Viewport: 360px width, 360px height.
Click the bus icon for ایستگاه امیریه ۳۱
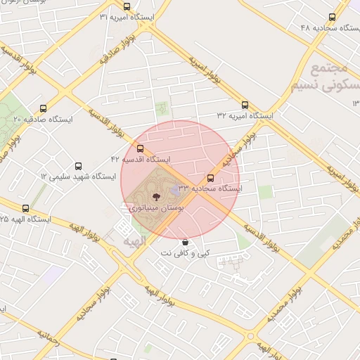(x=127, y=7)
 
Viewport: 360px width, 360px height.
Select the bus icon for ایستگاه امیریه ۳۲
(x=245, y=104)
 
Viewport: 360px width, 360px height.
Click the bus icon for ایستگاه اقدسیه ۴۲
(x=140, y=149)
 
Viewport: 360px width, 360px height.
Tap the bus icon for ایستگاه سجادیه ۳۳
(x=210, y=178)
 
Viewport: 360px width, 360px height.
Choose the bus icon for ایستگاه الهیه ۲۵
(x=26, y=208)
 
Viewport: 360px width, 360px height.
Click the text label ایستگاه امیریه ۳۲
(x=245, y=115)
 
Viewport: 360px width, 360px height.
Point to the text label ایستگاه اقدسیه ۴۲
(x=139, y=160)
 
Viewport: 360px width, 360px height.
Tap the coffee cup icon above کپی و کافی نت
(x=185, y=242)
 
